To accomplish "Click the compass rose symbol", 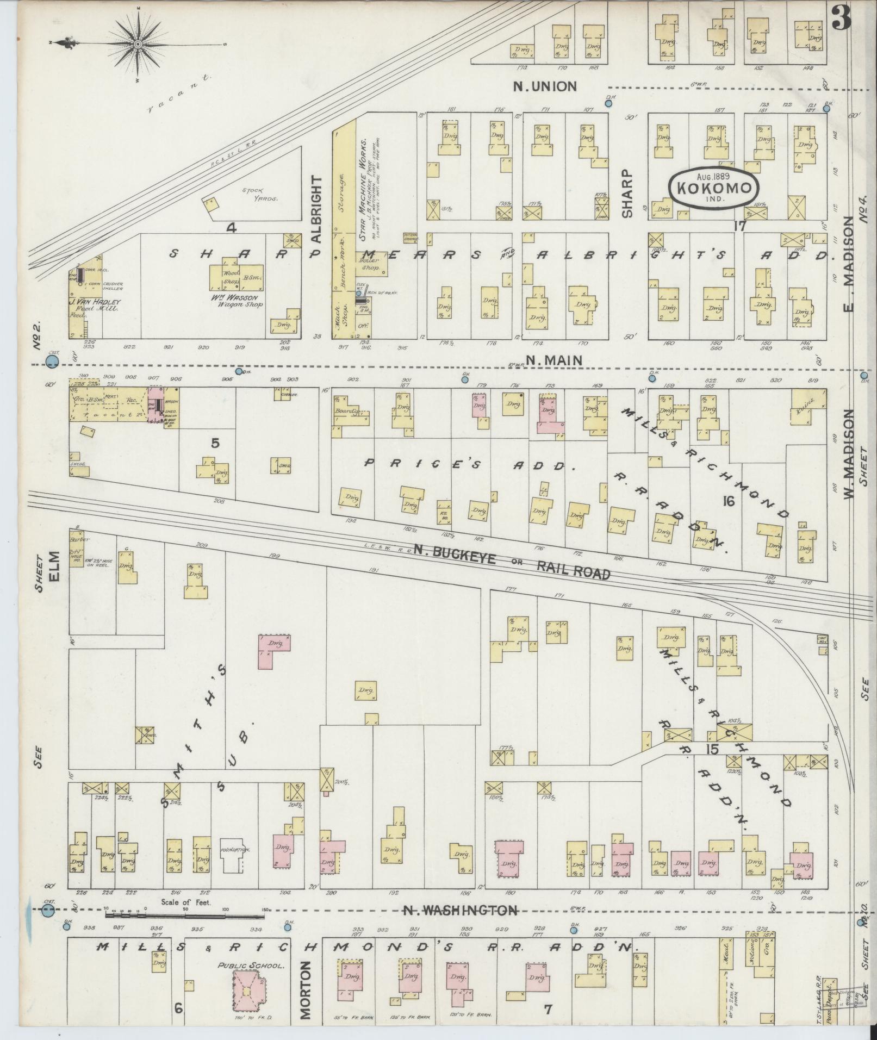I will [x=138, y=44].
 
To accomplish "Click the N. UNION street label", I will [x=545, y=86].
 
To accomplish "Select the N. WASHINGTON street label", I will [x=460, y=910].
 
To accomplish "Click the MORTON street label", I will [x=306, y=989].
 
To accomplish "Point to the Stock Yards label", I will [x=260, y=195].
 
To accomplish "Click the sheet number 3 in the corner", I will [x=841, y=20].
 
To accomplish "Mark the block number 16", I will [x=728, y=501].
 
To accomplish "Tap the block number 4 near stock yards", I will [x=232, y=228].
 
